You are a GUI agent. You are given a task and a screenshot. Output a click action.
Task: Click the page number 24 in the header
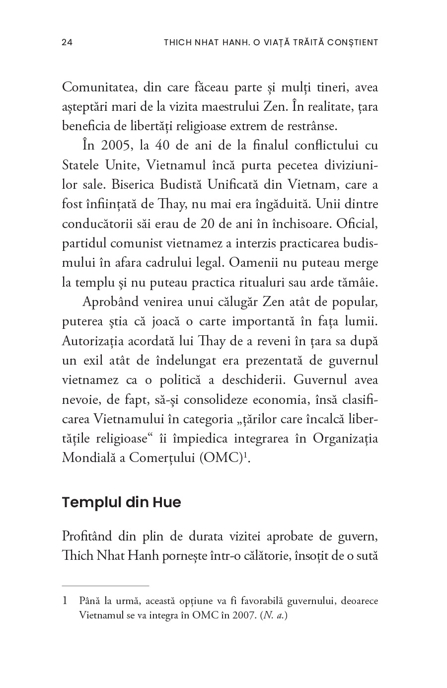[x=67, y=42]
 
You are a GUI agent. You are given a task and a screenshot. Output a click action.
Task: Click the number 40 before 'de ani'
[x=162, y=146]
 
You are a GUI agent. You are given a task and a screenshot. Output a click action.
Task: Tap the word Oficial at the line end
[x=357, y=224]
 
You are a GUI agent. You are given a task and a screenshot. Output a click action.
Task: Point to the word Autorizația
[x=94, y=341]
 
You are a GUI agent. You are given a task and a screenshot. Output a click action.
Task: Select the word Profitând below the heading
[x=88, y=536]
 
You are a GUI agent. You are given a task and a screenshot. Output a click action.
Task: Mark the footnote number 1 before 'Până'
[x=65, y=601]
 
